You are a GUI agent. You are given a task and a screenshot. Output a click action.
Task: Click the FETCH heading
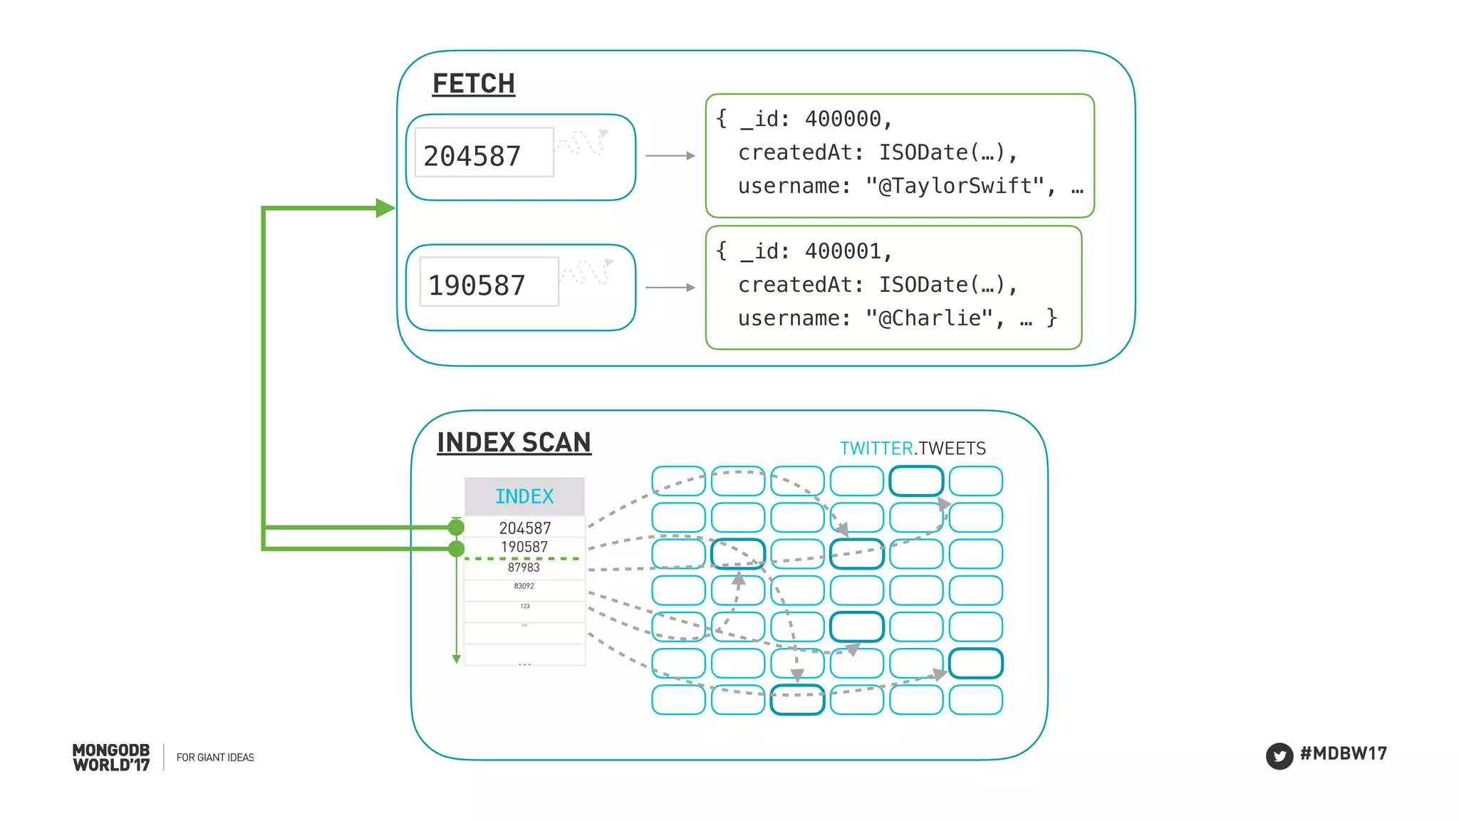(x=473, y=84)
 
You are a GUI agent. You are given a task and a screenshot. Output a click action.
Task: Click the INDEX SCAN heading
(x=514, y=443)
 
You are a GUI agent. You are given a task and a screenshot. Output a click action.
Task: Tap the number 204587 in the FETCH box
(x=472, y=156)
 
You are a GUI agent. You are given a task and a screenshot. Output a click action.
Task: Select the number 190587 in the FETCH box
(x=477, y=286)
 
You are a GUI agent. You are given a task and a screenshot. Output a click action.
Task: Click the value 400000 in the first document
(x=843, y=119)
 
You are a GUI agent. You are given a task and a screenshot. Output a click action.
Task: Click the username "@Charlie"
(x=930, y=318)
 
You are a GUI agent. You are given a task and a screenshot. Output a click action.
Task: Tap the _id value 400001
(x=843, y=251)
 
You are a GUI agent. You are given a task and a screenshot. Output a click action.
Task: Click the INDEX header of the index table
(x=524, y=496)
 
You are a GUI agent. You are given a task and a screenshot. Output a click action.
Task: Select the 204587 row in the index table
(x=525, y=528)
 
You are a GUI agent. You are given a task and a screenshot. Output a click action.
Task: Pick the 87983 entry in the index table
(x=524, y=568)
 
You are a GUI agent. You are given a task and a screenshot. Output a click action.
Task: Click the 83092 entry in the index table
(x=524, y=586)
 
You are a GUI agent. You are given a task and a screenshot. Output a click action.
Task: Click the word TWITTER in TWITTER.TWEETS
(x=876, y=449)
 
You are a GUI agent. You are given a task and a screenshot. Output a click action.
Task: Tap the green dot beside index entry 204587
(x=456, y=527)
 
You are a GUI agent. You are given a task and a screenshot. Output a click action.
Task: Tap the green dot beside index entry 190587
(x=456, y=548)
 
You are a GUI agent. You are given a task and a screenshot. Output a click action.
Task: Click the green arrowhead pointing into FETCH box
(x=385, y=208)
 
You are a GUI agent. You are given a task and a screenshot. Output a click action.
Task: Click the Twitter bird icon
(x=1279, y=755)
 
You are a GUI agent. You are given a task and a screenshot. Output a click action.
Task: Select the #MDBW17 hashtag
(x=1344, y=753)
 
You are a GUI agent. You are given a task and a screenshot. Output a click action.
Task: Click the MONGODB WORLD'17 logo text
(x=111, y=758)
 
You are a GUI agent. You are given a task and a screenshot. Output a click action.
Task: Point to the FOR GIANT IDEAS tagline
(x=215, y=758)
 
